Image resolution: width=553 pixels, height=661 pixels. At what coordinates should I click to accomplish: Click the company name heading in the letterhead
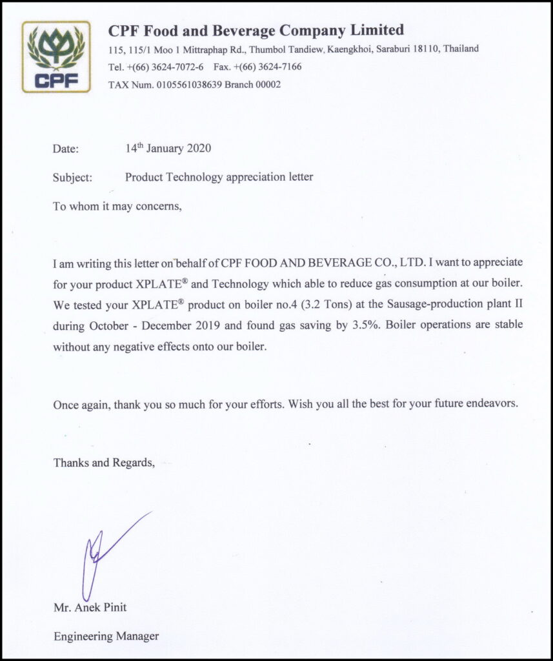(x=256, y=30)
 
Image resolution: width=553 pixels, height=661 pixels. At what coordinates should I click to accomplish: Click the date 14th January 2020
(x=168, y=148)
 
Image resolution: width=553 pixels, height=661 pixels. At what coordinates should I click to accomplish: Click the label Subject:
(x=72, y=177)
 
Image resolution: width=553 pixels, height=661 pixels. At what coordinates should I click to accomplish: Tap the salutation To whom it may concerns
(x=117, y=207)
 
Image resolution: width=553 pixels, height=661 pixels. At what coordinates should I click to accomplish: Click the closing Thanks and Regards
(x=103, y=462)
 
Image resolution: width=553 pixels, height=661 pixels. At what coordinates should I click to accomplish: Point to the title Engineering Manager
(x=106, y=636)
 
